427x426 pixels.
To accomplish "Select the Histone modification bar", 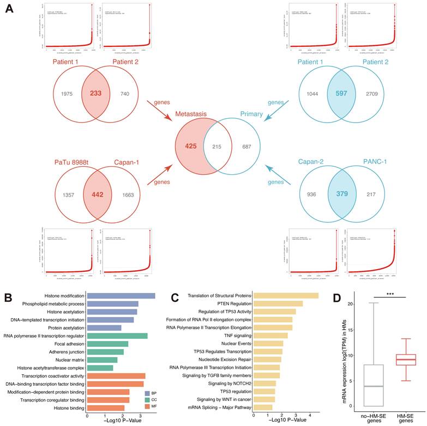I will pos(121,296).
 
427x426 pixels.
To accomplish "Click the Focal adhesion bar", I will pos(107,344).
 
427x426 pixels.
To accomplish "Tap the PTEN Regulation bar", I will pos(277,303).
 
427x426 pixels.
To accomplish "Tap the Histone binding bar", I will pos(106,408).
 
